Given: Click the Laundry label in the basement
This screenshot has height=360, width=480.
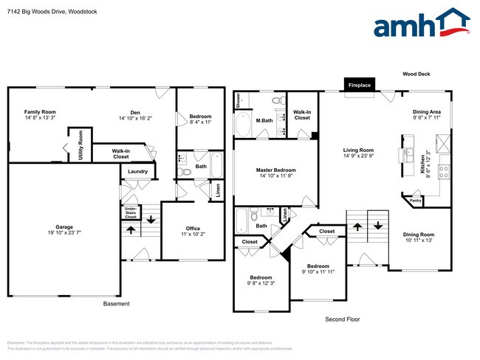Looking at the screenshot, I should [138, 172].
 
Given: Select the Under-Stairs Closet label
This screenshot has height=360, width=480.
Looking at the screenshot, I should [131, 212].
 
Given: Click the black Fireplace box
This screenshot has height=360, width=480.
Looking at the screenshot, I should [360, 86].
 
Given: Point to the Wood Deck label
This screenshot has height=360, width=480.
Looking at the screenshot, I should [416, 75].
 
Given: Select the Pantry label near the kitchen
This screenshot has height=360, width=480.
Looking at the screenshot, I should [415, 200].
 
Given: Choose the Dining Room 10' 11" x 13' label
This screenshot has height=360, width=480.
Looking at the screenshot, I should [416, 237].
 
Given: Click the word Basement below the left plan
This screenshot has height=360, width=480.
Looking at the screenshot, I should [116, 304].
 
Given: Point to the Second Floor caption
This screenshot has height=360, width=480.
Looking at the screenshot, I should [343, 319].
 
